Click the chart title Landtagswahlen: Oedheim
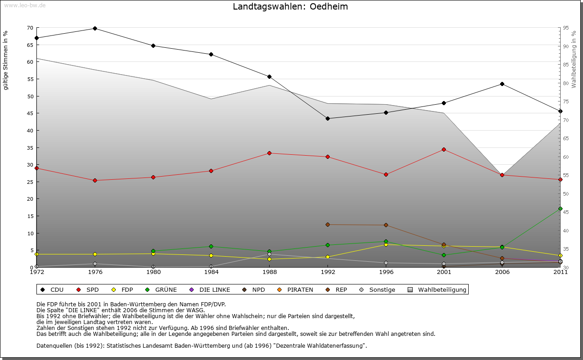coord(290,7)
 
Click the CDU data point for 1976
coord(95,28)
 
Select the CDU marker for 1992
coord(327,118)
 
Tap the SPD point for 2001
coord(444,149)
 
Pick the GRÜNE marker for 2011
coord(560,208)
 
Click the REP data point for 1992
coord(327,224)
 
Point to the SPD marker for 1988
coord(270,153)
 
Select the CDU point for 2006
coord(502,84)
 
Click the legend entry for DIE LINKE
coord(214,289)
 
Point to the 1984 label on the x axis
coord(211,272)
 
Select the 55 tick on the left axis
coord(30,79)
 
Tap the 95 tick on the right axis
coord(566,28)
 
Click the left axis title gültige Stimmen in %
coord(6,60)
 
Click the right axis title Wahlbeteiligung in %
coord(574,59)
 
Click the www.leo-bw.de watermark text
coord(25,5)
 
